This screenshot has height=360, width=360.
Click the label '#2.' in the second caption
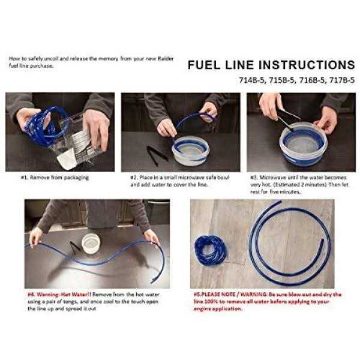pos(134,178)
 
